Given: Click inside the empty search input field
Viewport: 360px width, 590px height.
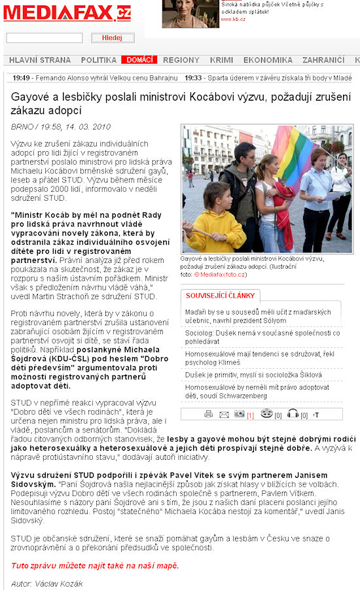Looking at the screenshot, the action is (45, 38).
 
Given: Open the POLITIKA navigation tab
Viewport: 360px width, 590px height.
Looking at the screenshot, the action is (99, 60).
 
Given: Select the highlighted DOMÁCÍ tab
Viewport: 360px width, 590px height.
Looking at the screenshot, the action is (139, 60).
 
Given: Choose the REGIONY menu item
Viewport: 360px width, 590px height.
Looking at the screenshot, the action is (181, 60).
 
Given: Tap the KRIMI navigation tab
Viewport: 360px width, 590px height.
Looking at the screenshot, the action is (221, 60).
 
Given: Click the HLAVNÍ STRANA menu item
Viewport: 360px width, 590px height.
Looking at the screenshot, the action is (40, 60).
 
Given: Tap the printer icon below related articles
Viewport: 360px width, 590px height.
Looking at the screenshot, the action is (209, 414).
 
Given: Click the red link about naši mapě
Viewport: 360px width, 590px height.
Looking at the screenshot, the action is (94, 565).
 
